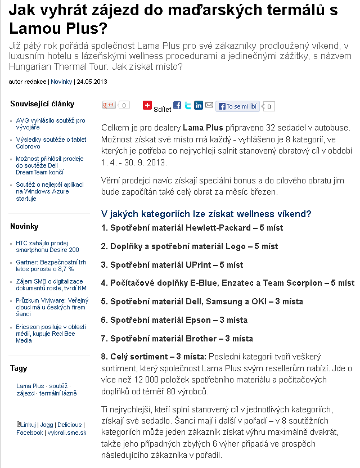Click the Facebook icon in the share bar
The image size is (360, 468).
coord(177,105)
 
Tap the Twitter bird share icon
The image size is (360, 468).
coord(188,105)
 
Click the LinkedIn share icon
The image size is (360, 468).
coord(199,105)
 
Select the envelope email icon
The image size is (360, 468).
coord(209,105)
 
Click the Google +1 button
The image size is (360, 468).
coord(109,105)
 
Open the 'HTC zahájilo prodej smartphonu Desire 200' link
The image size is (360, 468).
coord(47,246)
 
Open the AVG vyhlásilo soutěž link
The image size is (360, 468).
coord(51,124)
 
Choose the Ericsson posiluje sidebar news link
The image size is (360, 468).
coord(50,334)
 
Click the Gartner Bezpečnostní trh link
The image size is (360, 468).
coord(51,265)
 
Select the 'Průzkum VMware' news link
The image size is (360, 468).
coord(51,307)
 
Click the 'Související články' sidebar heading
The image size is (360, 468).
coord(42,104)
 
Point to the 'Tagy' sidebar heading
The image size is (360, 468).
coord(19,368)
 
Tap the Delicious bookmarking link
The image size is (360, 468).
coord(69,425)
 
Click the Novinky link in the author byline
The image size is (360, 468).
coord(61,82)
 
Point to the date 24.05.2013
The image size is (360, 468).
coord(92,82)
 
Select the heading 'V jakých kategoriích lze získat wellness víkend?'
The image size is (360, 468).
coord(206,214)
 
